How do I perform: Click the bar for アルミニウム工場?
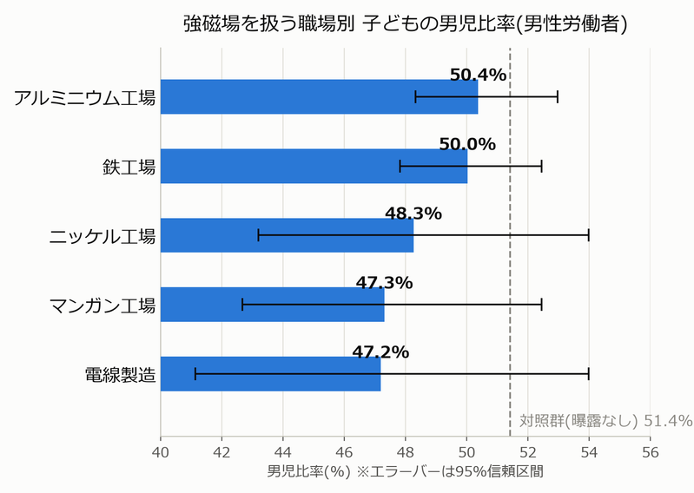point(319,97)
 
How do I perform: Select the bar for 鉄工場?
point(314,167)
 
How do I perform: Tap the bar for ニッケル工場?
point(287,235)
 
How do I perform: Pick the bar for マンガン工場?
point(272,305)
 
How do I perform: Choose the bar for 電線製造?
point(270,374)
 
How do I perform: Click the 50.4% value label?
point(478,76)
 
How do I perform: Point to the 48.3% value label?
point(413,214)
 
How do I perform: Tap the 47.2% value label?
point(380,352)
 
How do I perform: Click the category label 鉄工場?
point(129,168)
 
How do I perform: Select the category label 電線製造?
point(121,375)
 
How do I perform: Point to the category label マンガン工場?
point(102,306)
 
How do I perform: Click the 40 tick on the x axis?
point(161,452)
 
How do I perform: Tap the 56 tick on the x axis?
point(651,452)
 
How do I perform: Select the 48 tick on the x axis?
point(406,452)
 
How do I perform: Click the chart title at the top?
point(405,24)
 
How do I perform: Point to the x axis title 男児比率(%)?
point(308,471)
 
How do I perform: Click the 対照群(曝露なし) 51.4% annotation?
point(606,420)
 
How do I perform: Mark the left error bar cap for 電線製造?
point(195,374)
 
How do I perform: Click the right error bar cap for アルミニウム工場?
point(558,97)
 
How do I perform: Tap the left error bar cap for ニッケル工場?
point(259,235)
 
